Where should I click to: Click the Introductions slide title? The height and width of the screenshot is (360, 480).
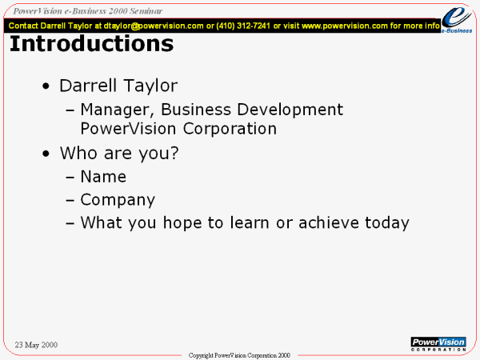pos(91,44)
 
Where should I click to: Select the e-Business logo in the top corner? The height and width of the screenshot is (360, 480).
pos(457,19)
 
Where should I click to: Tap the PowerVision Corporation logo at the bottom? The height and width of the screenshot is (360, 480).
pos(438,344)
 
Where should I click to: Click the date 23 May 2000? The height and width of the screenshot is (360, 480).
pos(36,345)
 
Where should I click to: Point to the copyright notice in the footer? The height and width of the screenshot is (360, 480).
pos(239,355)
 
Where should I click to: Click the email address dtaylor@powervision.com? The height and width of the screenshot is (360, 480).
pos(154,26)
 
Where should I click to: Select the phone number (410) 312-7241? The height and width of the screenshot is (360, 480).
pos(243,26)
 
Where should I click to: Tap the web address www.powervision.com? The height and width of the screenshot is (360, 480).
pos(345,26)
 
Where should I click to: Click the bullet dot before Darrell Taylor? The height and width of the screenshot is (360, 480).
pos(46,86)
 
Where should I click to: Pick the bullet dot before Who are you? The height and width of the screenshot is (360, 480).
pos(46,154)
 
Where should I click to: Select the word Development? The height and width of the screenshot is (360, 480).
pos(290,110)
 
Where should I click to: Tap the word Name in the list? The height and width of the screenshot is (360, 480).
pos(103,177)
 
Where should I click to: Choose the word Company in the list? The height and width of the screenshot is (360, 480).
pos(118,200)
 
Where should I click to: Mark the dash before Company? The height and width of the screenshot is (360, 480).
pos(70,200)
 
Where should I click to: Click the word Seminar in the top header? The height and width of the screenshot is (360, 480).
pos(146,11)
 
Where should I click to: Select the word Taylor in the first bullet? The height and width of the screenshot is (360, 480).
pos(150,86)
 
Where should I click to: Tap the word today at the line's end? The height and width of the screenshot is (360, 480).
pos(387,223)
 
